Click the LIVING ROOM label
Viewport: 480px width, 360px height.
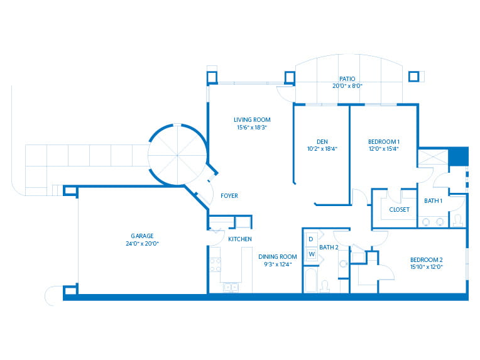252,119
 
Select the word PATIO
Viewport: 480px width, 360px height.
348,79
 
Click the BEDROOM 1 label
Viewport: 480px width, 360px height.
383,141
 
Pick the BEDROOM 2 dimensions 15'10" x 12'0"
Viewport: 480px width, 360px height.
427,266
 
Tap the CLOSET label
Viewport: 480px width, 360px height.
399,209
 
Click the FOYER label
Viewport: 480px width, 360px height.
229,195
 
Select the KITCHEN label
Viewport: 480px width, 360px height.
240,239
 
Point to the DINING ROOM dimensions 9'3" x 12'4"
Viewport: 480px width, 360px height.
277,263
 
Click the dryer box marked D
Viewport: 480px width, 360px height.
311,239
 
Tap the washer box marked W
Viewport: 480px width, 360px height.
311,254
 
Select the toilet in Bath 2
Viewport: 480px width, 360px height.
325,286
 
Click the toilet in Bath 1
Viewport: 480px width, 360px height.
457,220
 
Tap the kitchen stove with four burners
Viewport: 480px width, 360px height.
215,259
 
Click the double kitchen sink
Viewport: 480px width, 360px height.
231,287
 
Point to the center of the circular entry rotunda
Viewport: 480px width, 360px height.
177,154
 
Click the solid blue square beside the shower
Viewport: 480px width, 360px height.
459,156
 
